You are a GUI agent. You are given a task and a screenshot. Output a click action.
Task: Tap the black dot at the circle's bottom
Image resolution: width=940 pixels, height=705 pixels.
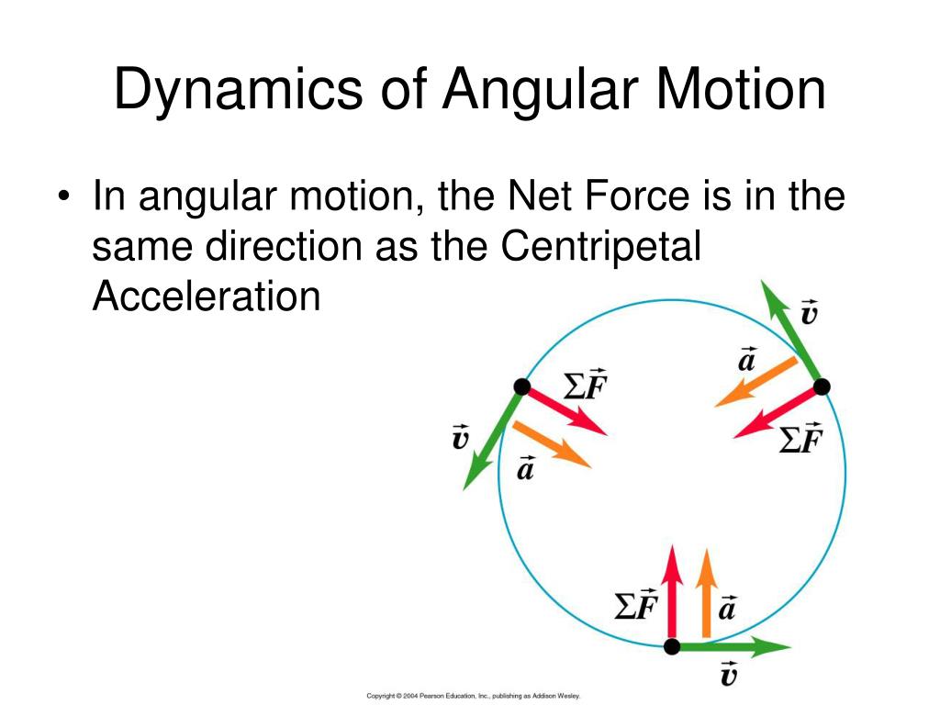click(672, 647)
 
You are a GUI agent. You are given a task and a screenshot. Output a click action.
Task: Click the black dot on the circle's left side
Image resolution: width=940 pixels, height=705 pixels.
click(522, 386)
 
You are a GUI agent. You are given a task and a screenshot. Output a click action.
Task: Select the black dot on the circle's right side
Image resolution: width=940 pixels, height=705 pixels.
click(822, 386)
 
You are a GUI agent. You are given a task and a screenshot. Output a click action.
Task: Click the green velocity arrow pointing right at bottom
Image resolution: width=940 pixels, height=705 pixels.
click(734, 647)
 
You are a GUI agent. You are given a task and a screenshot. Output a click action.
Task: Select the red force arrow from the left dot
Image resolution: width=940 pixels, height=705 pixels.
click(565, 409)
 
